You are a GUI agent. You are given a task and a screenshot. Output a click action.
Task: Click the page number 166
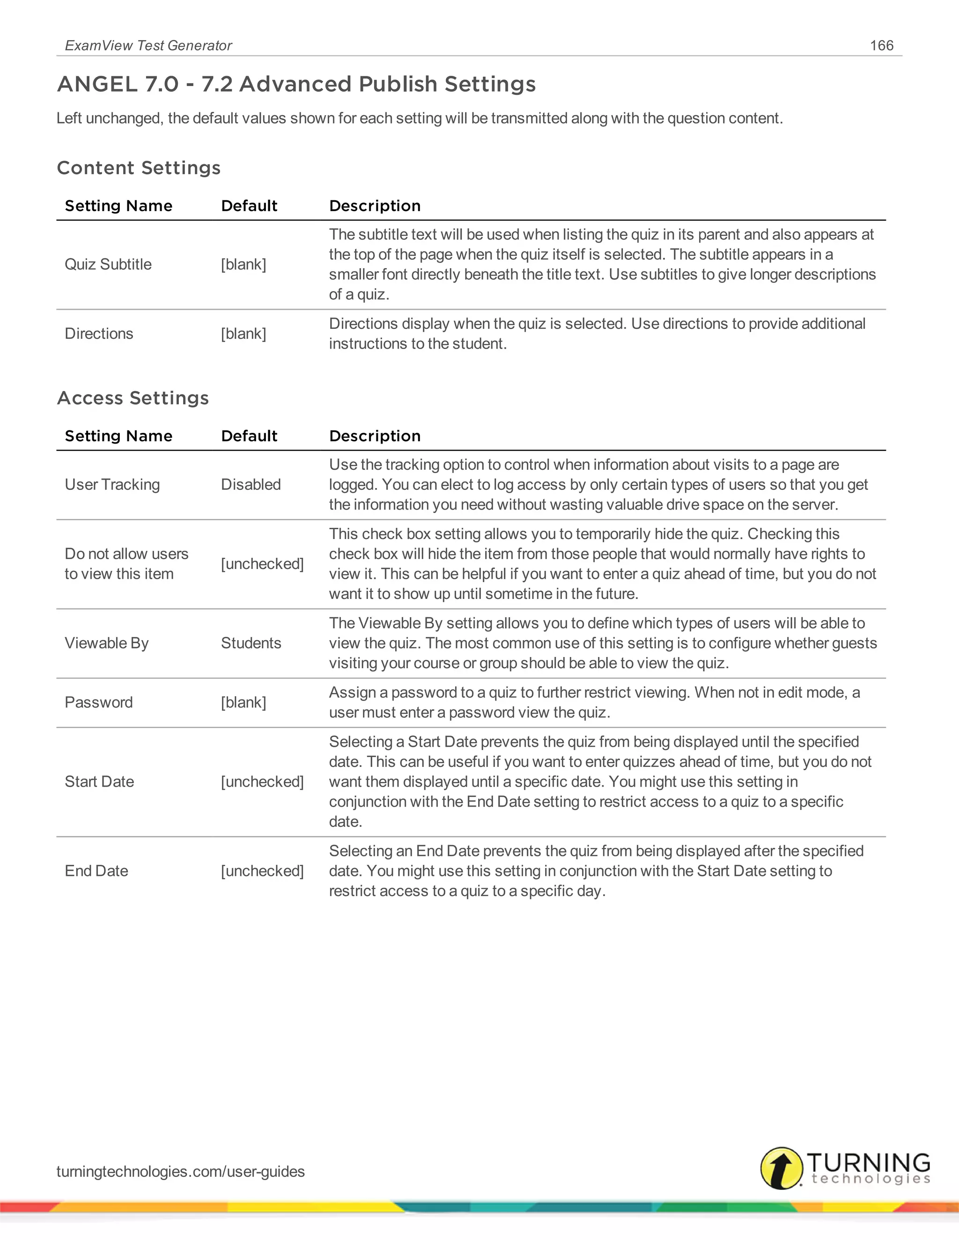click(881, 45)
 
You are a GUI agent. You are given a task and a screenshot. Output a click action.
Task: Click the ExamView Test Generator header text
click(148, 45)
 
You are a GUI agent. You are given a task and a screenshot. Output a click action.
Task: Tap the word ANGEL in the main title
click(96, 84)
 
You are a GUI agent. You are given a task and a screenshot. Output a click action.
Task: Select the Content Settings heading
click(139, 168)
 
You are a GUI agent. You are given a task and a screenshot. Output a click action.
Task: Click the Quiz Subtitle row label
click(108, 264)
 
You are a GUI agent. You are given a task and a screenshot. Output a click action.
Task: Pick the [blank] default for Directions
click(243, 333)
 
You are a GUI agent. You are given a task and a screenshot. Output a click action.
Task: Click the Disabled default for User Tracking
click(251, 484)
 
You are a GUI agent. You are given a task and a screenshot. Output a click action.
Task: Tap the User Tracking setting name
click(112, 484)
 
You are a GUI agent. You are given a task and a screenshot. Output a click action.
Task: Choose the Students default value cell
click(251, 643)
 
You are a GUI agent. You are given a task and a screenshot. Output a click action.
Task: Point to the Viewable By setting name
click(106, 643)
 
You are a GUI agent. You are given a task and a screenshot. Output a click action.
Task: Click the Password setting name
click(98, 702)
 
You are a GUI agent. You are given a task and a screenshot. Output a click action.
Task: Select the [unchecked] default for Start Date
click(262, 781)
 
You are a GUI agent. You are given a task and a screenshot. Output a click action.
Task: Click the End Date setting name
click(96, 870)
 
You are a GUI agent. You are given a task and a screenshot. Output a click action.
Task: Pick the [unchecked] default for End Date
click(262, 870)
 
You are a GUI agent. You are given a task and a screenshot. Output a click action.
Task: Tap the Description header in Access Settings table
click(375, 436)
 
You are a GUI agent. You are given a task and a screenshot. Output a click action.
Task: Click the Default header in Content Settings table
click(249, 205)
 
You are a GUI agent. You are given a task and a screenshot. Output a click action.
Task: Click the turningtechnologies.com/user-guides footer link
click(180, 1171)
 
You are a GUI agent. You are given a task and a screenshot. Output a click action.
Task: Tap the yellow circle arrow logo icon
click(782, 1168)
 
